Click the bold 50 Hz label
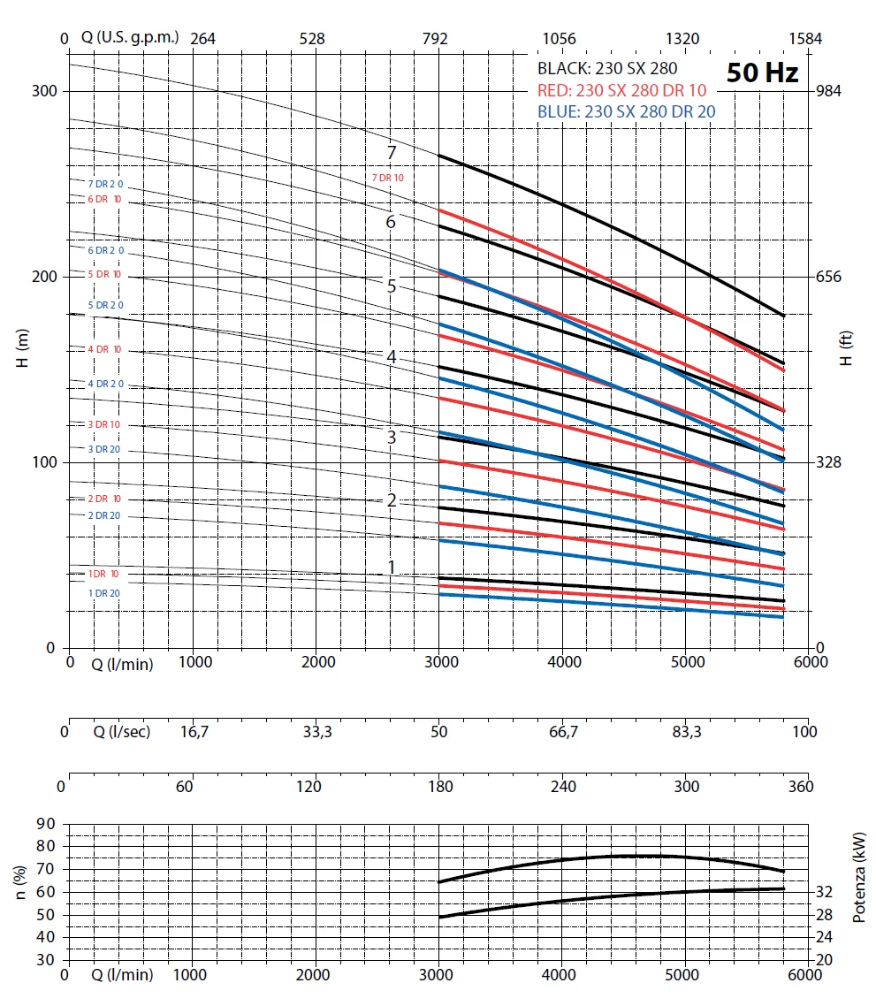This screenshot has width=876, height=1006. coord(762,72)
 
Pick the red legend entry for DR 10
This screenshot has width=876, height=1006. coord(621,90)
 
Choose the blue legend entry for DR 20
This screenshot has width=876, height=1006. coord(626,111)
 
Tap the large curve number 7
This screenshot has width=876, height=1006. coord(391,152)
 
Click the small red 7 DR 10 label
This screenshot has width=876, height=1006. coord(389,178)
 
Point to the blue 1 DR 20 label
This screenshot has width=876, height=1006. coord(104,593)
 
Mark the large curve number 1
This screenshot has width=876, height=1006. coord(391,567)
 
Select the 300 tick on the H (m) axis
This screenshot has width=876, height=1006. coord(45,91)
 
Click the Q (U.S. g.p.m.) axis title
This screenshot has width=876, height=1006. coord(131,38)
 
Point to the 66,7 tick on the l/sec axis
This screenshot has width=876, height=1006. coord(563,732)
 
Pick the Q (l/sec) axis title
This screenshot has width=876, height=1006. coord(122,732)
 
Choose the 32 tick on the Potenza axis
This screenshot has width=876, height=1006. coord(824,892)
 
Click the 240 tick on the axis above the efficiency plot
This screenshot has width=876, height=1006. coord(563,787)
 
